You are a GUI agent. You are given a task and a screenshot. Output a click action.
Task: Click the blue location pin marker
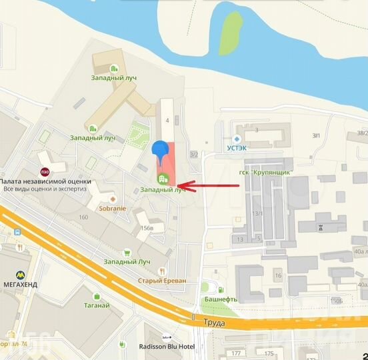click(160, 152)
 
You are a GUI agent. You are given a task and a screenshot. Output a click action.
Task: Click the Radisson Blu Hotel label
click(167, 347)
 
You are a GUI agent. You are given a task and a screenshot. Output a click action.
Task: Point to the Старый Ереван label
click(162, 281)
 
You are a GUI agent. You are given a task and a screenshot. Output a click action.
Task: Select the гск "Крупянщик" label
click(269, 173)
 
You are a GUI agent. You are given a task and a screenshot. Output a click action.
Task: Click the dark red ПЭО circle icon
click(45, 172)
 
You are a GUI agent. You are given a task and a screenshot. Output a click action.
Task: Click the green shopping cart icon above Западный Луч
click(127, 253)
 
